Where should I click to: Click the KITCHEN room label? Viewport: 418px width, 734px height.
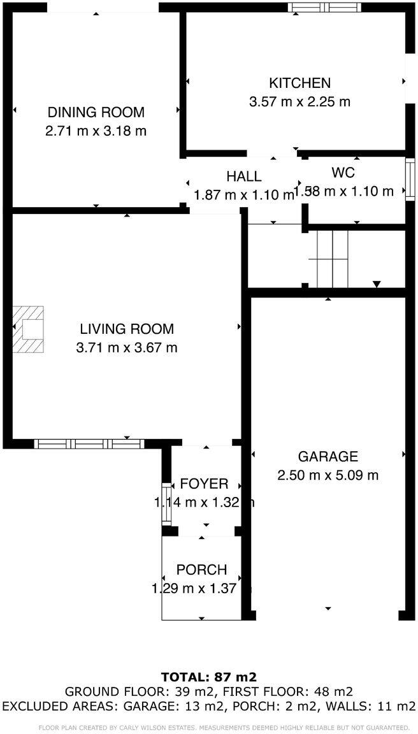pos(299,83)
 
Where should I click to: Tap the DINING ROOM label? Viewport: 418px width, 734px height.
pos(96,113)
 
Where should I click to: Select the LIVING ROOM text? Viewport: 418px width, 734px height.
pos(126,329)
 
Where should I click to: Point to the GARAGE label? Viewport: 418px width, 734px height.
pos(328,456)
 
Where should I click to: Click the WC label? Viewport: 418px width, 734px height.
pos(343,172)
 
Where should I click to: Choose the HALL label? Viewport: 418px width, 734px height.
pos(243,176)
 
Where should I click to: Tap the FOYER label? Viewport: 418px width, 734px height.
pos(204,484)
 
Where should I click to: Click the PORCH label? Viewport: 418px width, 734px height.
pos(201,570)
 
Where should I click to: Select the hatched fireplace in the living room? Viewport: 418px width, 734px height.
pos(28,329)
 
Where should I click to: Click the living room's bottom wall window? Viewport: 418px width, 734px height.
pos(89,444)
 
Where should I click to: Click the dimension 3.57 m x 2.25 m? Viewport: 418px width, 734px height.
pos(299,101)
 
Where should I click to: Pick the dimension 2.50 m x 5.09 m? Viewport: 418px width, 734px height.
pos(328,475)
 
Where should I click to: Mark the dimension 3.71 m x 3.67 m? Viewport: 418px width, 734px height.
pos(126,347)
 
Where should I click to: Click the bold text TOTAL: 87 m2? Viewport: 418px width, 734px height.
pos(208,677)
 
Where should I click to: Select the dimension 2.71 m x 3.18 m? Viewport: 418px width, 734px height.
pos(96,131)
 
